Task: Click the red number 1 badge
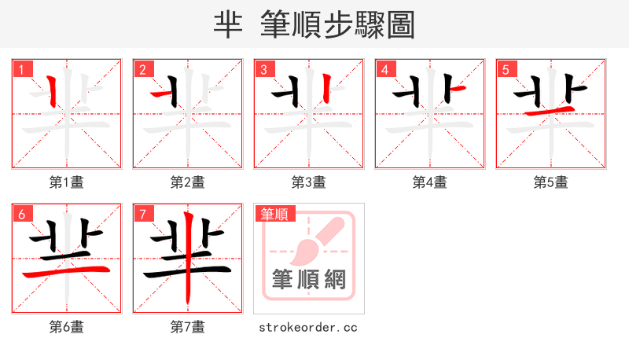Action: (x=21, y=69)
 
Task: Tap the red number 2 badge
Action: (x=142, y=69)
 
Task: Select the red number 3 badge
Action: (x=263, y=69)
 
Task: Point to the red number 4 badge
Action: (x=384, y=69)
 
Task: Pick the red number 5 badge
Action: (x=506, y=69)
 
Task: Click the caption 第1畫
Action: (x=67, y=182)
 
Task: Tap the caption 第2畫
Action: (x=188, y=182)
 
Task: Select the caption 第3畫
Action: (x=309, y=182)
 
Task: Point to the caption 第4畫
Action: (x=430, y=182)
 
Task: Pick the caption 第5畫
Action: (x=551, y=182)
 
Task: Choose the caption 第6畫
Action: (x=67, y=327)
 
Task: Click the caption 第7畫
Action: (x=188, y=327)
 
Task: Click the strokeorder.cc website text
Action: (x=308, y=327)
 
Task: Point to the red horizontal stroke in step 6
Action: (x=67, y=271)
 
